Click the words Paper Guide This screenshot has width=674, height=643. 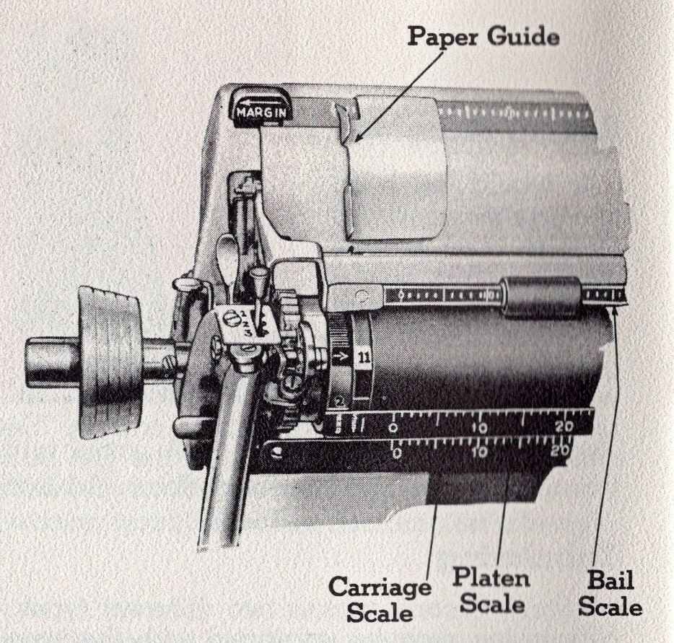pos(483,36)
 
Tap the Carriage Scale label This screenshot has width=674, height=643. pos(380,598)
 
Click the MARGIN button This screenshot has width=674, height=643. pos(260,112)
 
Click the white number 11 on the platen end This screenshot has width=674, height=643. pos(363,357)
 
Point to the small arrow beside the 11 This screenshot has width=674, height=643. pos(343,357)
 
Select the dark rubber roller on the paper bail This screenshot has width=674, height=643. pos(541,296)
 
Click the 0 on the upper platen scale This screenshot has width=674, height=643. pos(393,428)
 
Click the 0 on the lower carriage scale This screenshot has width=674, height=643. pos(396,454)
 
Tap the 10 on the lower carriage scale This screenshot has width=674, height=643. pos(478,452)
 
